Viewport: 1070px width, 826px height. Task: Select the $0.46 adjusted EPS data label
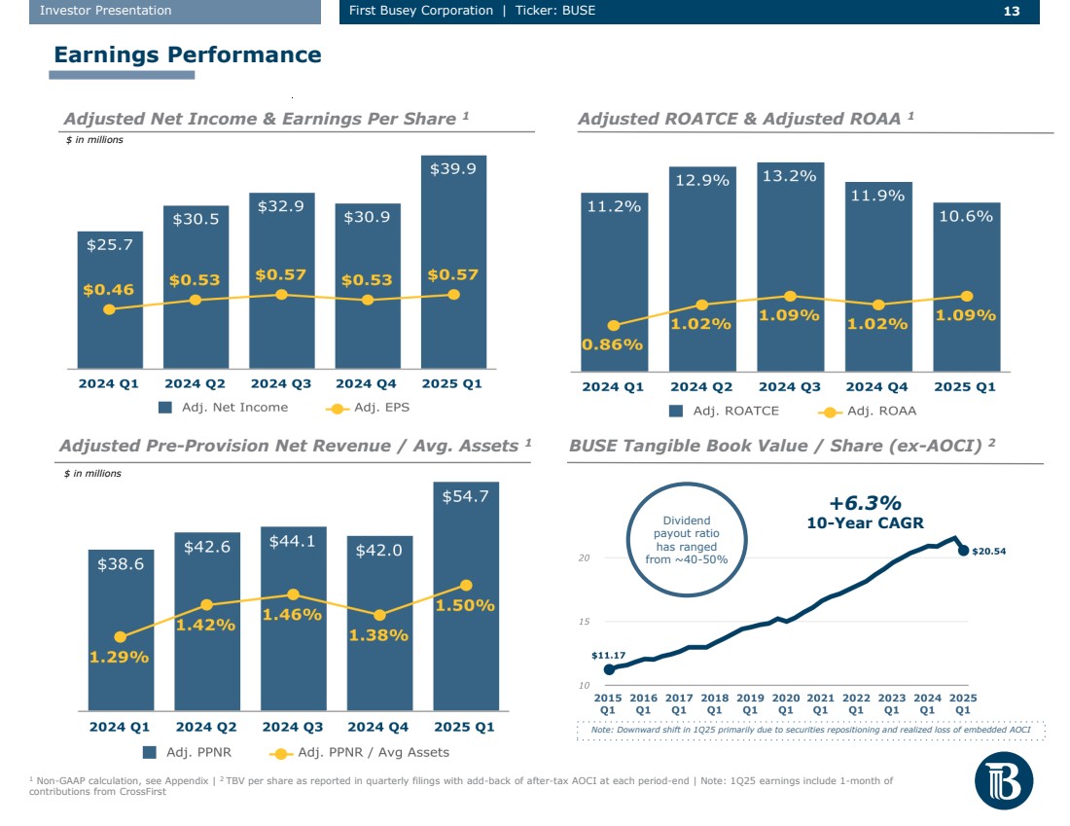(108, 289)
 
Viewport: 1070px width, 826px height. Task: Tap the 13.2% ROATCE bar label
(790, 176)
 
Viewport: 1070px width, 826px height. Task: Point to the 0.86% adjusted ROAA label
(612, 343)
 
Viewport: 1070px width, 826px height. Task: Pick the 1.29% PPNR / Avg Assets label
(119, 657)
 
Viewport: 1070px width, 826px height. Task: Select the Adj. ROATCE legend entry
(724, 411)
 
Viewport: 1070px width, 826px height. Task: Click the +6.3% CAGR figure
(865, 503)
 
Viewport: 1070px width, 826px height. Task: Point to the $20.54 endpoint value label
(986, 552)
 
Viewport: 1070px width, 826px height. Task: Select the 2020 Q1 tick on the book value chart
(785, 703)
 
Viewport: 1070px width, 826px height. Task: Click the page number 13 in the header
(1011, 11)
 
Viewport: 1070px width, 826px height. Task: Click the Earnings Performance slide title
(188, 54)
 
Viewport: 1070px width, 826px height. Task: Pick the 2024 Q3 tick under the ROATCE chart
(790, 387)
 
